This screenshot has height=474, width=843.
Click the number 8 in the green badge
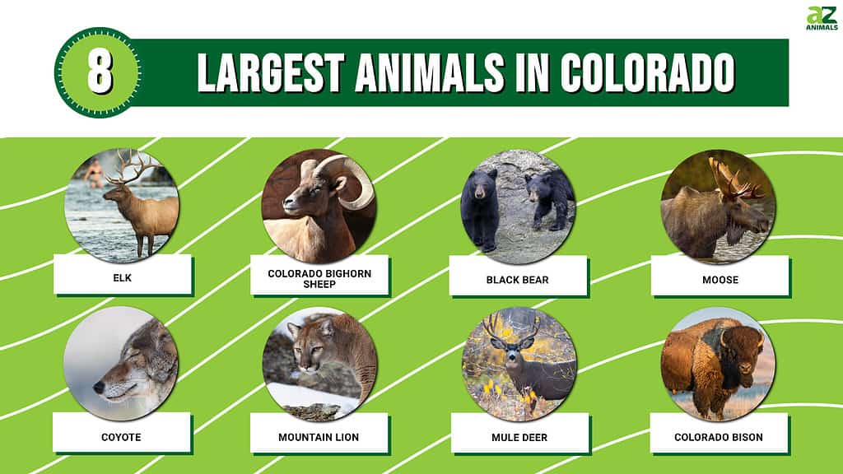point(100,72)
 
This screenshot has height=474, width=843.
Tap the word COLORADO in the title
point(647,72)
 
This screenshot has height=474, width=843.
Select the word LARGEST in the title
point(270,72)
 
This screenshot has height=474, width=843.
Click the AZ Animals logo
point(822,18)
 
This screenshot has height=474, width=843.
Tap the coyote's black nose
point(99,387)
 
